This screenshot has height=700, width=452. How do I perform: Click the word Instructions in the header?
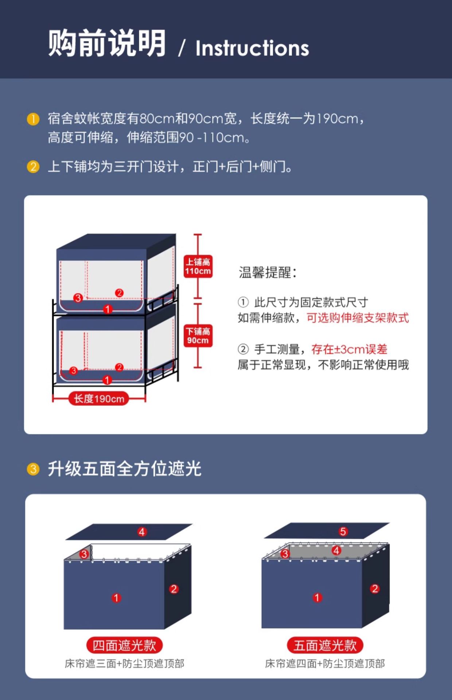[x=252, y=48]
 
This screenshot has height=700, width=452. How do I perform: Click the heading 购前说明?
[x=107, y=43]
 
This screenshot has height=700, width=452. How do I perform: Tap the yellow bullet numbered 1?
[x=33, y=119]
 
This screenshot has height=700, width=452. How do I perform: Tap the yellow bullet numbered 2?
[x=33, y=167]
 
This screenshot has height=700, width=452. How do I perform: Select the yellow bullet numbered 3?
[x=33, y=469]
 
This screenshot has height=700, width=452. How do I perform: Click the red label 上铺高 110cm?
[x=198, y=266]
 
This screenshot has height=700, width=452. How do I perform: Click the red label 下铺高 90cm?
[x=198, y=335]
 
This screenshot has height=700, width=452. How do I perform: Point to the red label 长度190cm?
[x=99, y=398]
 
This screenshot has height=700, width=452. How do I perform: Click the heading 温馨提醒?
[x=268, y=272]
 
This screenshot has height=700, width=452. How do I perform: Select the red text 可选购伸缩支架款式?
[x=358, y=318]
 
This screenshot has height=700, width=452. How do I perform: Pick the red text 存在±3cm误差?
[x=349, y=349]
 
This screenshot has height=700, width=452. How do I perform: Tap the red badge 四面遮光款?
[x=124, y=646]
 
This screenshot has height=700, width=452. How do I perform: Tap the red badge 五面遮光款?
[x=325, y=646]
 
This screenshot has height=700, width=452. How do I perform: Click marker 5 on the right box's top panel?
[x=343, y=532]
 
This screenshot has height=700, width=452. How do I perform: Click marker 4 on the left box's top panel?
[x=142, y=532]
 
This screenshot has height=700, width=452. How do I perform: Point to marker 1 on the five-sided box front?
[x=317, y=598]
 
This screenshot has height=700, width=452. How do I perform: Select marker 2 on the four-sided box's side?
[x=174, y=589]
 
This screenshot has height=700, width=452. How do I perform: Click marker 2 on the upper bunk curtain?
[x=119, y=293]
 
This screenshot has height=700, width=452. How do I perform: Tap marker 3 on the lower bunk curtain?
[x=73, y=371]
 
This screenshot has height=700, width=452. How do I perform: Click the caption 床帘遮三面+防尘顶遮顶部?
[x=124, y=664]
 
